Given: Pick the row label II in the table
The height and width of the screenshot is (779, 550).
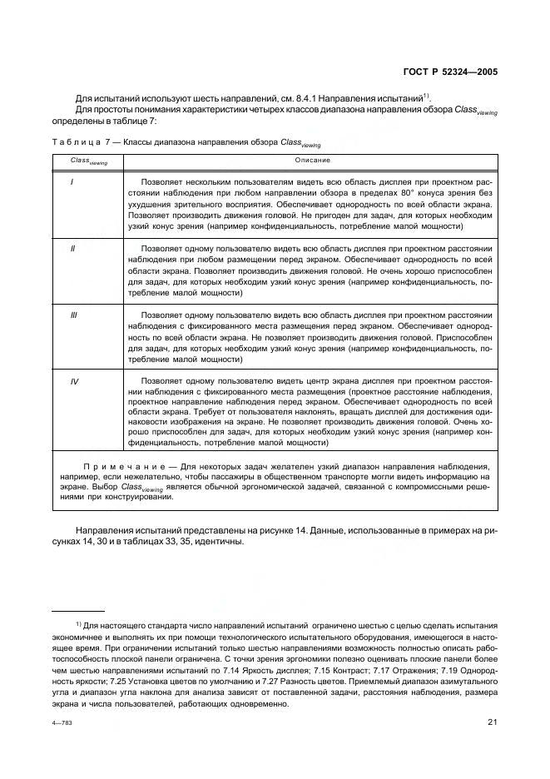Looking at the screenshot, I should pos(74,249).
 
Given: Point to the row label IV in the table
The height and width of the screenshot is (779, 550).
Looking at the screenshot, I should pos(74,380).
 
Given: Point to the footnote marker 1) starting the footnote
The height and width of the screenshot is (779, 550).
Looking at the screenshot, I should pos(78,624).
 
